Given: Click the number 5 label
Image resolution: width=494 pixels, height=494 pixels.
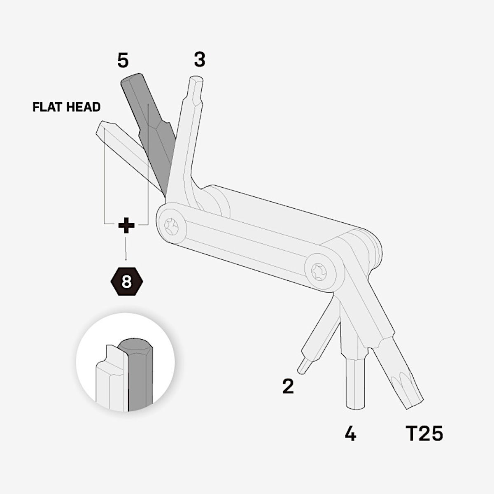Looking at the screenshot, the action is click(x=123, y=61).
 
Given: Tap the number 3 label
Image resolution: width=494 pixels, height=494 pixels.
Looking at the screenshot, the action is click(x=200, y=59).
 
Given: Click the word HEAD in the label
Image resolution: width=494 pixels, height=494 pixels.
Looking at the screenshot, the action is click(x=83, y=107).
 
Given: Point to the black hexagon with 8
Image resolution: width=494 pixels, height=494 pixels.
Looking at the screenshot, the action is click(x=127, y=282).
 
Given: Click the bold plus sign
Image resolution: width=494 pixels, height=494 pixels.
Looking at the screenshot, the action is click(x=126, y=225).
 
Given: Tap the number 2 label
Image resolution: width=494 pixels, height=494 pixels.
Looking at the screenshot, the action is click(x=288, y=386).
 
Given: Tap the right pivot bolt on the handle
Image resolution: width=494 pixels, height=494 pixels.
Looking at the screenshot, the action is click(x=319, y=272).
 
